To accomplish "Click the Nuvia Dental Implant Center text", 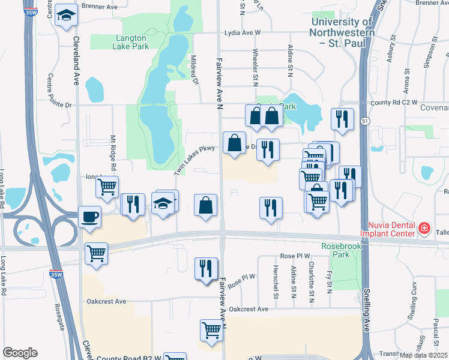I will (388, 229).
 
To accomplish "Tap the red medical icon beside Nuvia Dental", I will (424, 228).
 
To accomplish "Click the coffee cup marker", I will (89, 216).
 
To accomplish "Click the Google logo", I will (20, 353).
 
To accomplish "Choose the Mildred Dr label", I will (194, 71).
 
